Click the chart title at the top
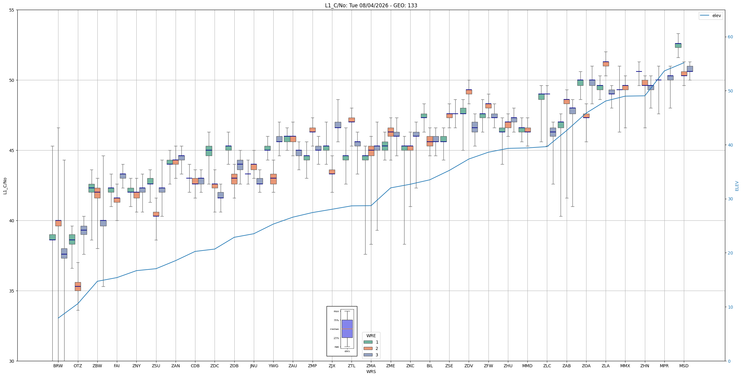click(x=371, y=5)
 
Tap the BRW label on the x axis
click(x=58, y=366)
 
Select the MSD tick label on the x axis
click(x=684, y=366)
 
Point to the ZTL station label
click(x=352, y=366)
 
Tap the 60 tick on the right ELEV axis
click(x=730, y=37)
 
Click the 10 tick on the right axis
click(x=730, y=307)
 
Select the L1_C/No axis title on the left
click(x=5, y=186)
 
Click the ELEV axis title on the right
click(x=737, y=186)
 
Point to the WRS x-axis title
click(x=371, y=372)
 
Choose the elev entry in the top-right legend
click(x=711, y=16)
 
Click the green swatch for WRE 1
click(x=368, y=342)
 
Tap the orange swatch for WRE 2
click(x=368, y=348)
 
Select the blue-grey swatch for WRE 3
click(x=368, y=355)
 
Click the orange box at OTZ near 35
click(x=78, y=286)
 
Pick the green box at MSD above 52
click(x=678, y=45)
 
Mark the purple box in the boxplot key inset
click(x=347, y=329)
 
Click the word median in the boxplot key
click(x=334, y=329)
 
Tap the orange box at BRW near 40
click(x=58, y=223)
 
